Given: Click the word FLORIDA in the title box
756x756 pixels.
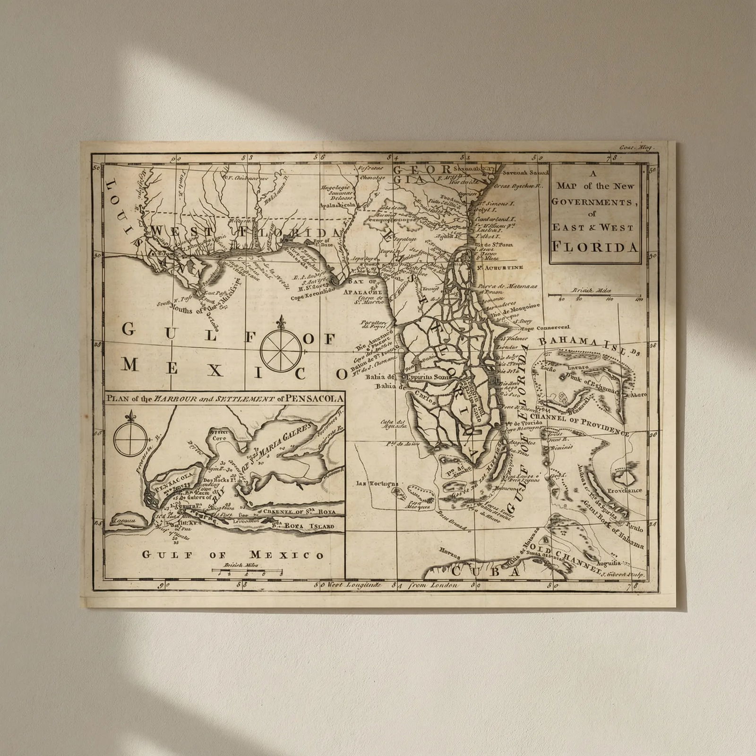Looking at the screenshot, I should click(x=595, y=247).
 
